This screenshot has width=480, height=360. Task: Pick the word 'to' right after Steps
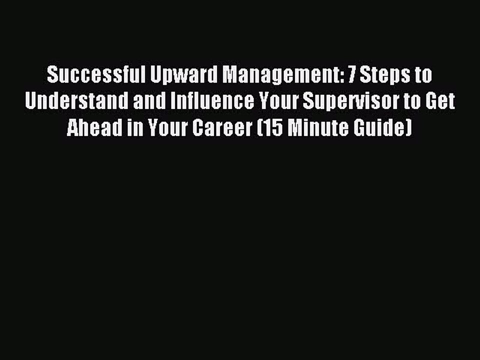(x=423, y=75)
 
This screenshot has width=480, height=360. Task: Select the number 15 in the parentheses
(x=268, y=128)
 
